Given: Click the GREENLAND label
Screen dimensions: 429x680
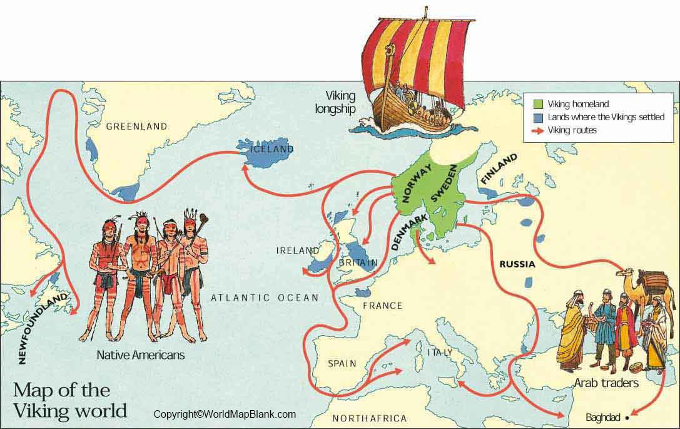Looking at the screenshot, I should (x=136, y=127).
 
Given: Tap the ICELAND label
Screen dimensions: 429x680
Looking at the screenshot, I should (x=271, y=150).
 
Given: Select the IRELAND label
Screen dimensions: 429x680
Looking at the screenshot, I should (x=298, y=251).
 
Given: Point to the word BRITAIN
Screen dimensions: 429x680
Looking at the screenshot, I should (x=358, y=262).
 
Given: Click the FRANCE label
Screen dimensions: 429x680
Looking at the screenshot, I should (x=382, y=306).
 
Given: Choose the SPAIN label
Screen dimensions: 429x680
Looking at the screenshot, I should (x=342, y=363).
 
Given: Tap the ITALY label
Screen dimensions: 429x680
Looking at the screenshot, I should (x=439, y=353).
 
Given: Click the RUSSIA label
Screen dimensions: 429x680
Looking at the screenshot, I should (x=517, y=264).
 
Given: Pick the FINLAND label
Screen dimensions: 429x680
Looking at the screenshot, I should (x=499, y=168).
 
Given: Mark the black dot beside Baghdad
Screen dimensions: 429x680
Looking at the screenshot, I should (x=628, y=416).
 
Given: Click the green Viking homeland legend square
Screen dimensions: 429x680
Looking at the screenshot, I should (x=537, y=105).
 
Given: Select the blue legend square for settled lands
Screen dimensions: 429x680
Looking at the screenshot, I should (x=537, y=117).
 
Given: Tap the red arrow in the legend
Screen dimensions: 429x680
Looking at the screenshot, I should (x=537, y=130).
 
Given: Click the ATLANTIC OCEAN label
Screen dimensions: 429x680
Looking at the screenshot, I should (x=265, y=297).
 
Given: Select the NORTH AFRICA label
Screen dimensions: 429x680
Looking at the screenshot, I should (x=369, y=418).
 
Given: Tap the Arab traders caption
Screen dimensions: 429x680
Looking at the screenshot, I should (x=606, y=382).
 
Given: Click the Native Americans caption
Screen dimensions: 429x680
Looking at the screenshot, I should (x=141, y=355).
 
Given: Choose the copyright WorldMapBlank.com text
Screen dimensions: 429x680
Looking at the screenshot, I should (x=225, y=414).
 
